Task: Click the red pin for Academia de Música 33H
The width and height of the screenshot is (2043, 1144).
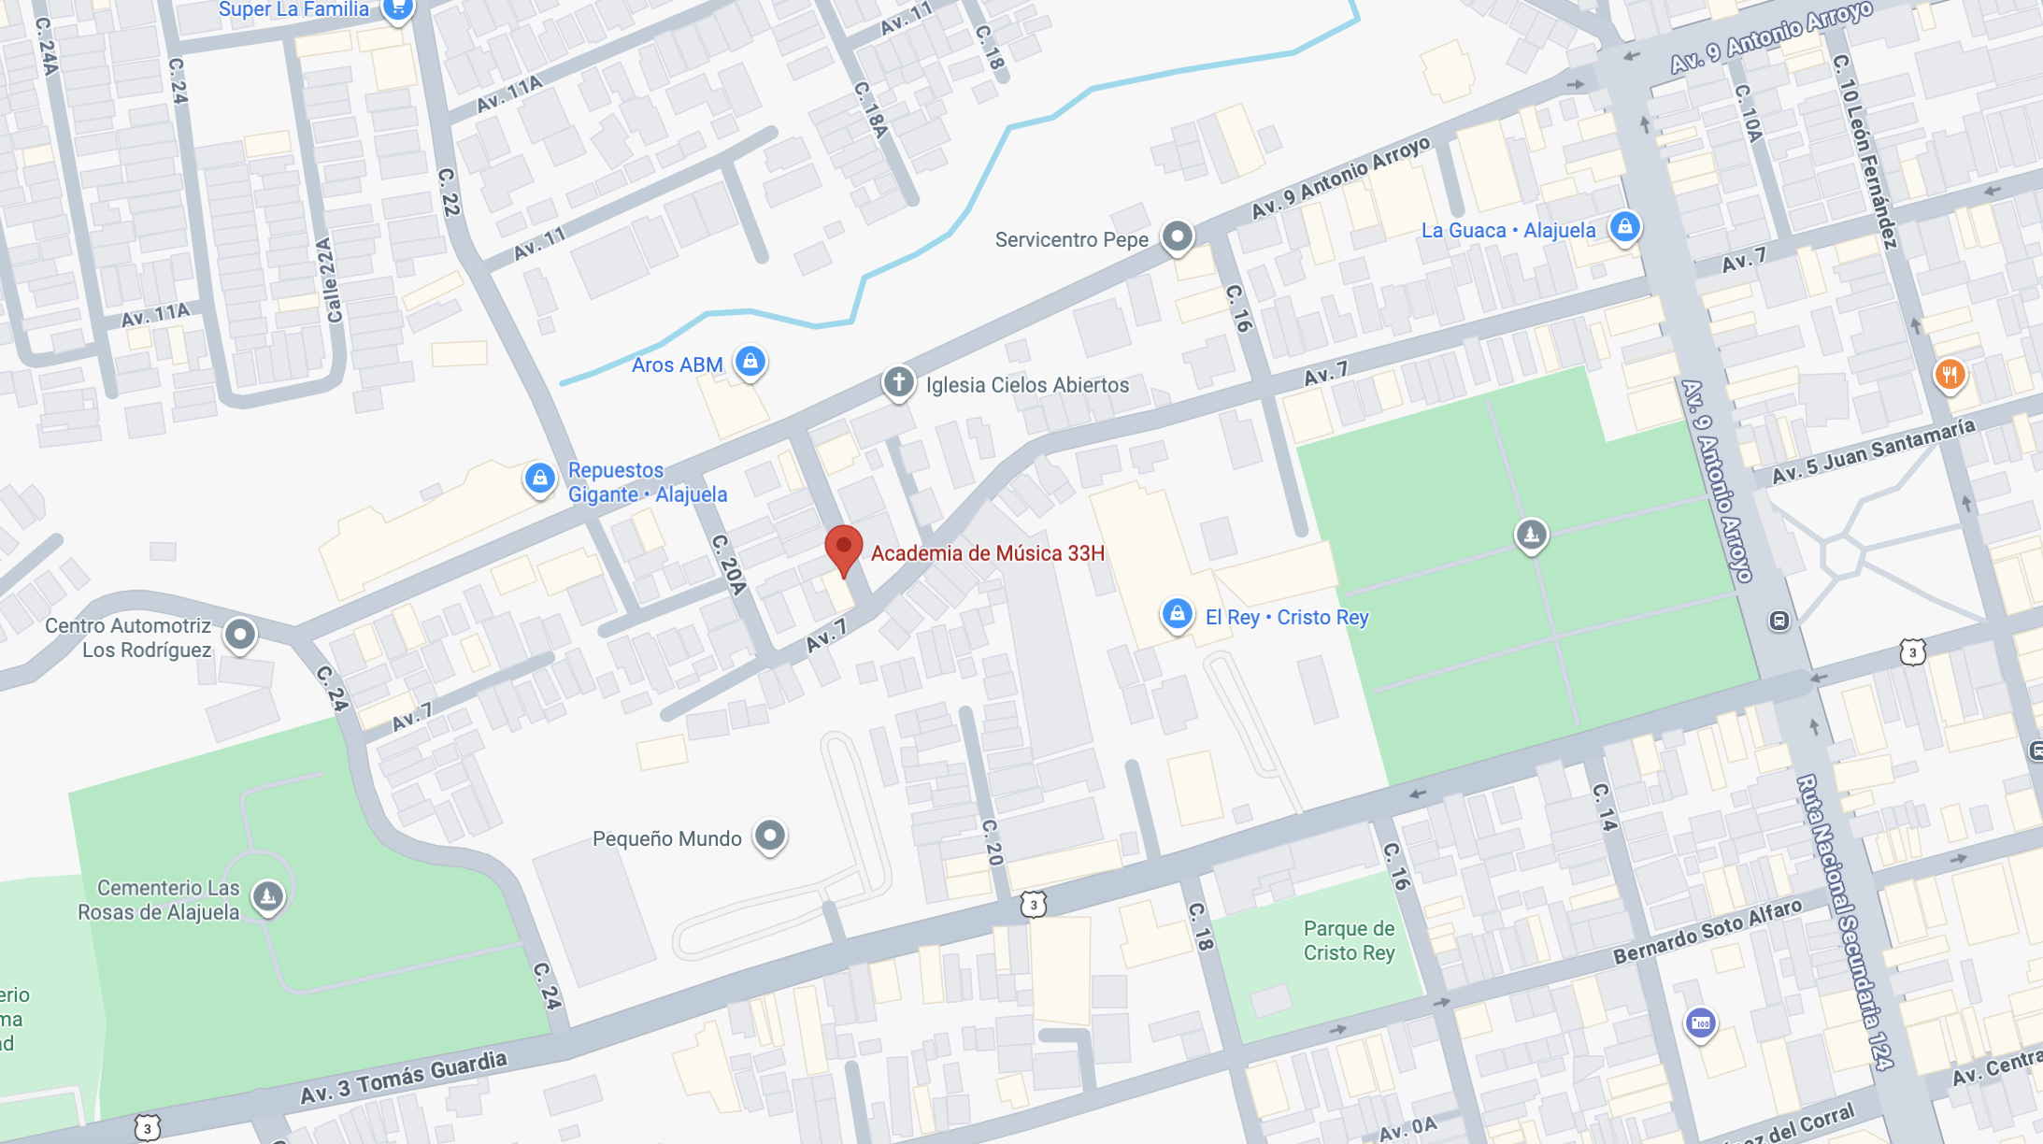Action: click(x=843, y=548)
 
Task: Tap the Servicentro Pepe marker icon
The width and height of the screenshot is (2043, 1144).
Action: click(x=1178, y=236)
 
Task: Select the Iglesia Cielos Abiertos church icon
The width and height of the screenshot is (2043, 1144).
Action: click(x=898, y=381)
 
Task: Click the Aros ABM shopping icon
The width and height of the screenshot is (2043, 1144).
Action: click(x=750, y=361)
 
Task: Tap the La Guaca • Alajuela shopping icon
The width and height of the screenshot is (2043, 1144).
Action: click(x=1624, y=226)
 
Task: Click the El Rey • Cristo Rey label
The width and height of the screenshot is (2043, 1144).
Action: click(x=1286, y=617)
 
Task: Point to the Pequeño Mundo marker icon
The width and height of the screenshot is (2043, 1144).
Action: click(x=770, y=835)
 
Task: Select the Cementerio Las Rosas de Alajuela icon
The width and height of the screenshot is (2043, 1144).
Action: click(x=268, y=896)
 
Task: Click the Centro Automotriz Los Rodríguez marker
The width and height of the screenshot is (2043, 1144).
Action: click(x=240, y=635)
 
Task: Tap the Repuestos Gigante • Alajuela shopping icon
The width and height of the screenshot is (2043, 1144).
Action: click(x=539, y=478)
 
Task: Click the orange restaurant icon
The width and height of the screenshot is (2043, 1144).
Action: click(x=1949, y=375)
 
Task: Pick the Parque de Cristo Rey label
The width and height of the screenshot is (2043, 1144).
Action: click(x=1349, y=940)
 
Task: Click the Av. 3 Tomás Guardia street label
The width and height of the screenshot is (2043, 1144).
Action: click(x=404, y=1078)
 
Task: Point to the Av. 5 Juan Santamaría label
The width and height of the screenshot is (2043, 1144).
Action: click(x=1873, y=451)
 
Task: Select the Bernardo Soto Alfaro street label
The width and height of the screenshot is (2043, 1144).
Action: click(x=1707, y=931)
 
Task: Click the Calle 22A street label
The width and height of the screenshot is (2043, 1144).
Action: click(x=329, y=280)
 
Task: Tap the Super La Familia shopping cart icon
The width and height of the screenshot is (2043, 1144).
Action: click(x=399, y=7)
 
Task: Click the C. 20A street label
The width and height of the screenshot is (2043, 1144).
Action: click(x=728, y=564)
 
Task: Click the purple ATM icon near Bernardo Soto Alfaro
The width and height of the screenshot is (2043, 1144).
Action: click(x=1700, y=1022)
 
